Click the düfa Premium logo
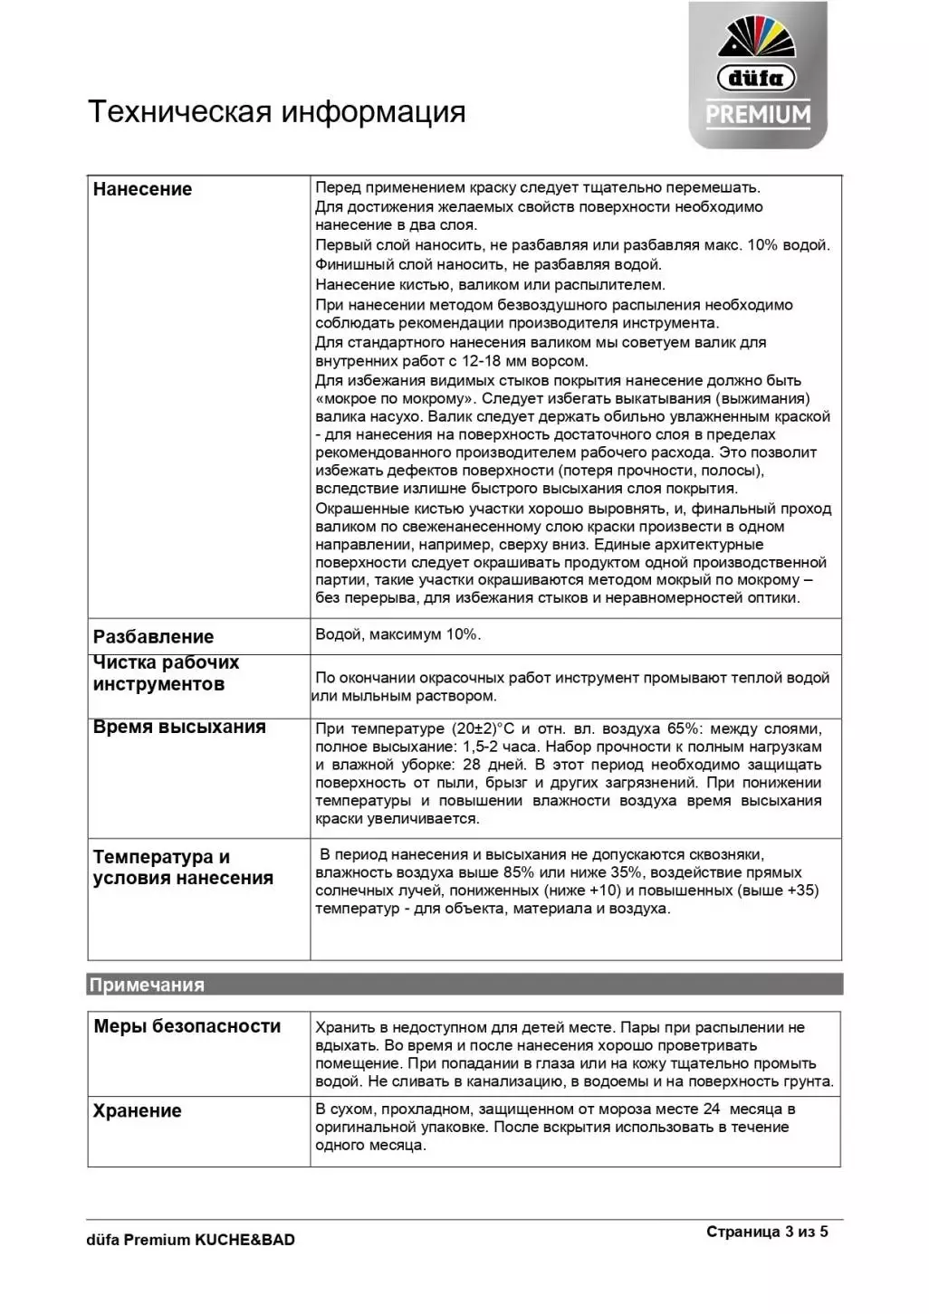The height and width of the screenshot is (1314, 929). (758, 74)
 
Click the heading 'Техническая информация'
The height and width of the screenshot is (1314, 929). (276, 112)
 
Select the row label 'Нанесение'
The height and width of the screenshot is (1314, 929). (142, 189)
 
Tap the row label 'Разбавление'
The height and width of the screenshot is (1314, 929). (153, 636)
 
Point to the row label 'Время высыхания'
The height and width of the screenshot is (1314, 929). (179, 727)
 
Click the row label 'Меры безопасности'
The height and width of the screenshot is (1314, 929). (187, 1026)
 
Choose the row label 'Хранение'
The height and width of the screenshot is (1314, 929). (137, 1110)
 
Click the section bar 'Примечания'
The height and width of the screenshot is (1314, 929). (147, 985)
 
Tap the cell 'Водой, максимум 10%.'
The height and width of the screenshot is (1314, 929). (397, 634)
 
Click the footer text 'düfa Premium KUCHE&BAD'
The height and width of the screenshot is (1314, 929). (190, 1240)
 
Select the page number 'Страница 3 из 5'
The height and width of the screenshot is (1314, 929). (767, 1232)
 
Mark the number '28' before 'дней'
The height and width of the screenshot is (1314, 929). (471, 765)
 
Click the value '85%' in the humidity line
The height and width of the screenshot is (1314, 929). (518, 872)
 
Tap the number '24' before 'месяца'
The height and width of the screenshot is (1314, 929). (711, 1109)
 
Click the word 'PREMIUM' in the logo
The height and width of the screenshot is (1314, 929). (758, 115)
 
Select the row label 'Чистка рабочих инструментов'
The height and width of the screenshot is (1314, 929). (166, 673)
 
